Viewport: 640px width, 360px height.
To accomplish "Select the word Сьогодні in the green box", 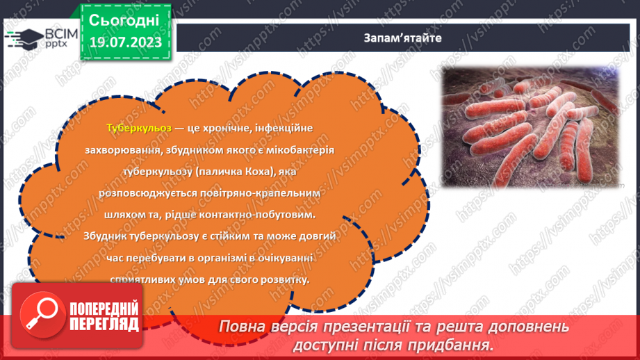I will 124,20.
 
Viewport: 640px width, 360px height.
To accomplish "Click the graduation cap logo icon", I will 15,38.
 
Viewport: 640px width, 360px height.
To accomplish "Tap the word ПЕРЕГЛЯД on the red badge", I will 104,325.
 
